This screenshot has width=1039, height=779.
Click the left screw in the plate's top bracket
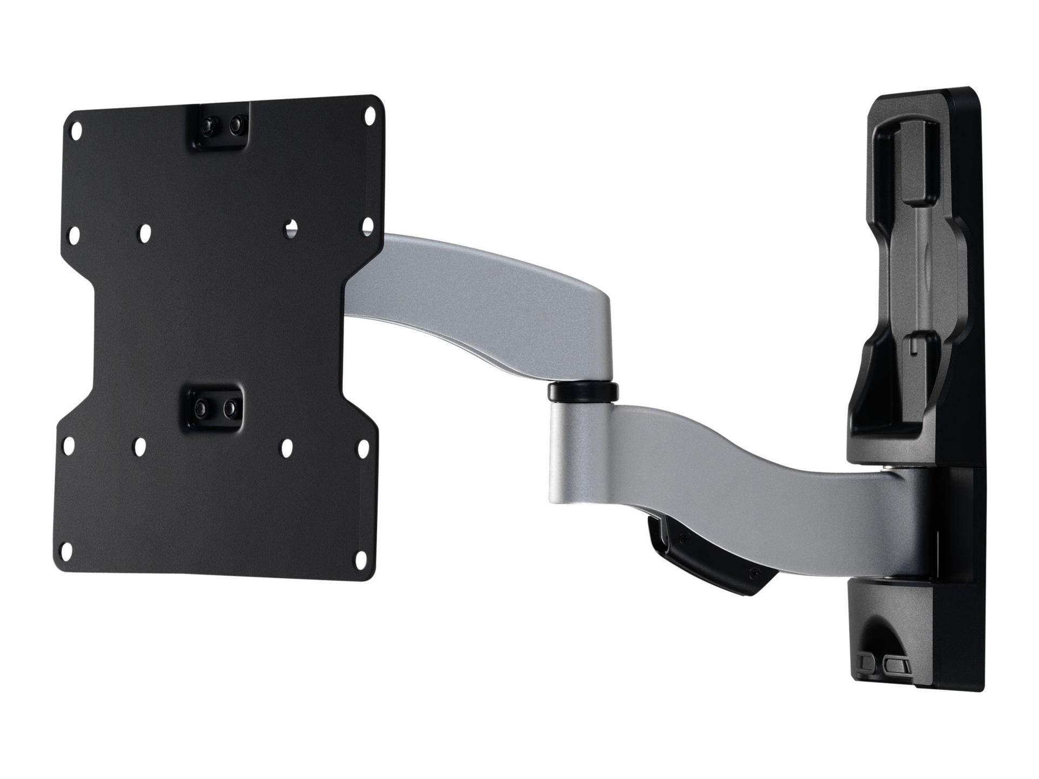tap(206, 125)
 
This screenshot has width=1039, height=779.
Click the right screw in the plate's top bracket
tap(234, 125)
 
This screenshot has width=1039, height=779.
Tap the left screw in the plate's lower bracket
tap(202, 406)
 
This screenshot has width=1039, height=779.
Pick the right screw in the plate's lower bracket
tap(229, 406)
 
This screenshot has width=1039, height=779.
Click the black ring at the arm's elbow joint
tap(582, 392)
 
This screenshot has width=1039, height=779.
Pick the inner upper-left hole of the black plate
tap(144, 233)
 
